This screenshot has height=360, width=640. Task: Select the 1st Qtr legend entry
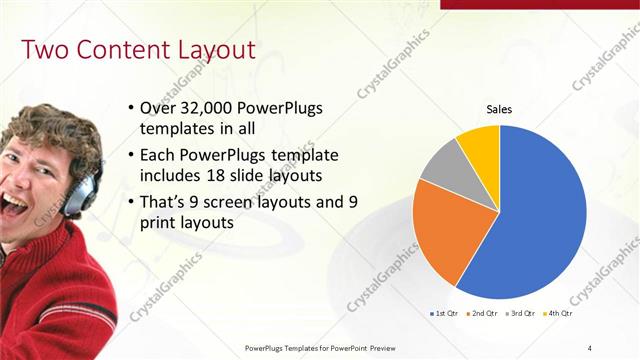[x=443, y=313]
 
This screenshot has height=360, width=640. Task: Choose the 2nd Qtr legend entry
[x=485, y=313]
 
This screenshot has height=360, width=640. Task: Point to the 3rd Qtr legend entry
[x=523, y=313]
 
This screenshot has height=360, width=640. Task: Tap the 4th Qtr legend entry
[x=561, y=313]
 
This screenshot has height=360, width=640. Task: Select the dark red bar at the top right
[x=539, y=4]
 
